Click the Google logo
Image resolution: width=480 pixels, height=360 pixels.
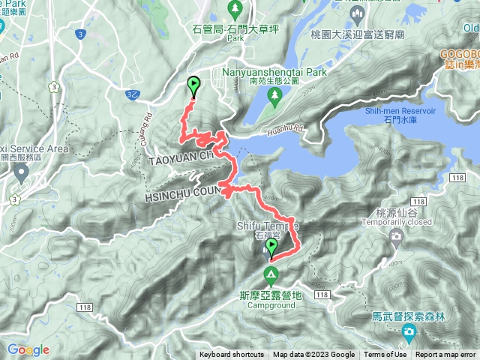28,349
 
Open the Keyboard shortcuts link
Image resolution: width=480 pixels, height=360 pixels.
231,355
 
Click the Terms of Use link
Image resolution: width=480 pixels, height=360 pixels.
385,355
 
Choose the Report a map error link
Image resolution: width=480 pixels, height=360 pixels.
445,355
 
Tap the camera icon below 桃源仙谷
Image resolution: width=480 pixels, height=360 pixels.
395,238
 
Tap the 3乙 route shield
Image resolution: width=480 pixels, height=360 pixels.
131,93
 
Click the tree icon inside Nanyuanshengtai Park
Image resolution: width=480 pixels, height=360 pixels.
274,95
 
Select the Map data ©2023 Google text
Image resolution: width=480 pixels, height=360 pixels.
313,355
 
